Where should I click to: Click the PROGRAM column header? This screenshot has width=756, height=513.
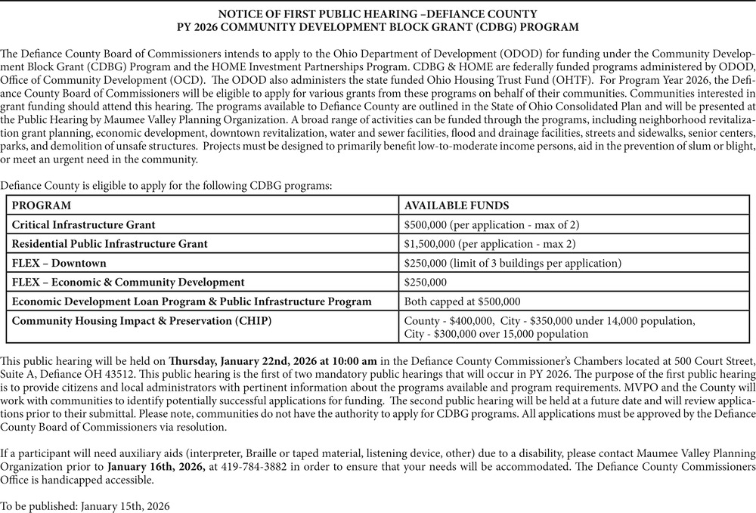(x=42, y=206)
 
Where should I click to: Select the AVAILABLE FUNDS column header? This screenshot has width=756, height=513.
(x=457, y=206)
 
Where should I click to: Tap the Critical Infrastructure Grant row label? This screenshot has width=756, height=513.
(x=84, y=224)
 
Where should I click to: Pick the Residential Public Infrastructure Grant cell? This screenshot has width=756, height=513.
(x=110, y=243)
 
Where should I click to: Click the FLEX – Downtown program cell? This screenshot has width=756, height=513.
(x=59, y=263)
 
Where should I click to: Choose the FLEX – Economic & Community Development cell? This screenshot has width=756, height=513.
(x=129, y=282)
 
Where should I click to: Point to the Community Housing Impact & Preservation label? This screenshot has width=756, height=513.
(x=142, y=320)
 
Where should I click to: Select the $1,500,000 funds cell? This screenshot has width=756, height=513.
(x=490, y=243)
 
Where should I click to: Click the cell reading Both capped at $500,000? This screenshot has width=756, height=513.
(x=463, y=301)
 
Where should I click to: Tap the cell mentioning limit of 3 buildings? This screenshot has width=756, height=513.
(x=513, y=263)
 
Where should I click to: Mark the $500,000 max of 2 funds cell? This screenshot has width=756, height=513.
(x=492, y=224)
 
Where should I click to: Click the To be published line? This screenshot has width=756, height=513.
(x=85, y=505)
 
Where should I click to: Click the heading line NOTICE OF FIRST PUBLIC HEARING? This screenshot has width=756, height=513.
(x=377, y=14)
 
